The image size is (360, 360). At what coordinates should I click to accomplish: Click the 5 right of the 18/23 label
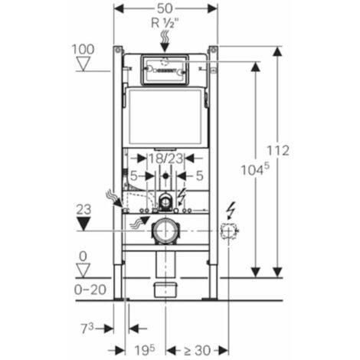coord(200,175)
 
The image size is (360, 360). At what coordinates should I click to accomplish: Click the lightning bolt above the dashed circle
coord(230,208)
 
